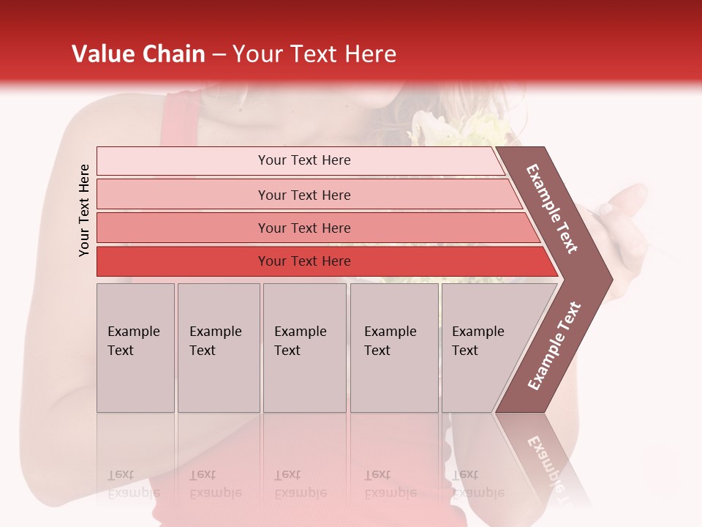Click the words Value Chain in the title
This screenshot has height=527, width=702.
coord(138,54)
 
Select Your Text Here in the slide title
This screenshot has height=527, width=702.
coord(314,54)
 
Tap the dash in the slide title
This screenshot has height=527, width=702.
coord(219,55)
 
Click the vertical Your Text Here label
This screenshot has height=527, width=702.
coord(84,210)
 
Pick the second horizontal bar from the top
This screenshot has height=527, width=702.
coord(303,195)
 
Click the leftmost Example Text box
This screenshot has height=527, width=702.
coord(135,348)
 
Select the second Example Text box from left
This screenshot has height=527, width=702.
coord(218,348)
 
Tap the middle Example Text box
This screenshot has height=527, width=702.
coord(304,348)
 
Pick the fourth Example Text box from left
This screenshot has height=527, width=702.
coord(393,348)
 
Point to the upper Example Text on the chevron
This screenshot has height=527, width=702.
coord(552,209)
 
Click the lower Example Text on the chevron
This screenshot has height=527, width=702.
coord(554,346)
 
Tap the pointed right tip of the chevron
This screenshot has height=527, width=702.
coord(607,280)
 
